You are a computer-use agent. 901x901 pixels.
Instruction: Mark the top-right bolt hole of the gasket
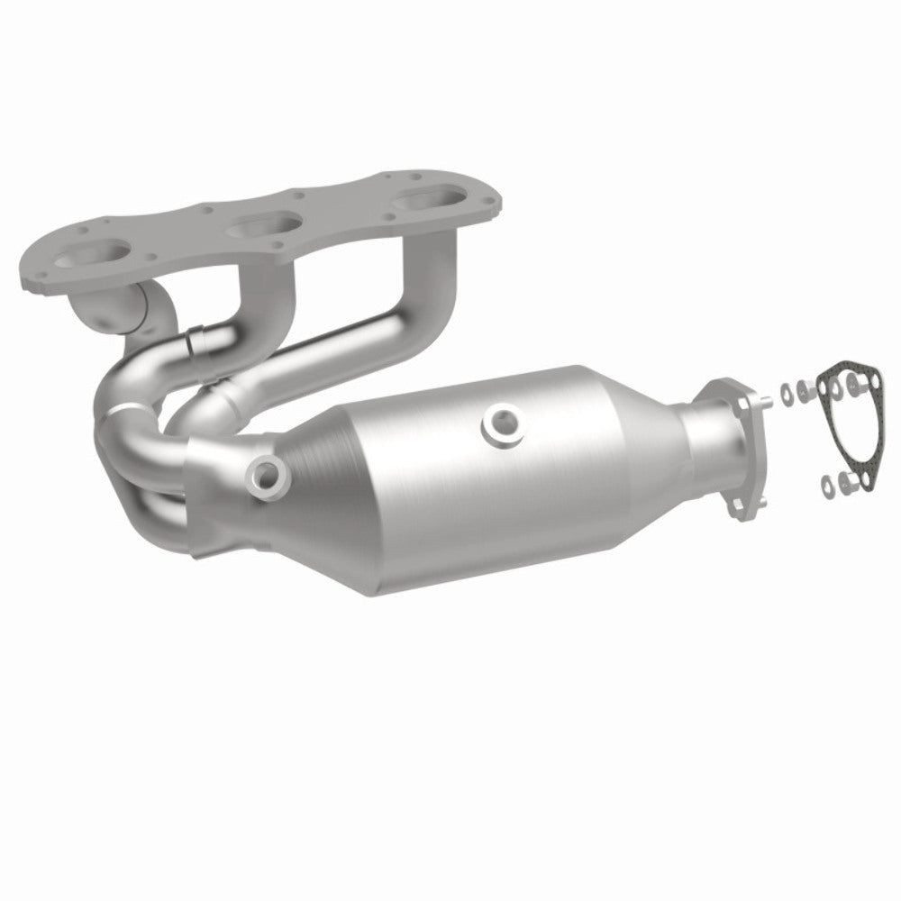[865, 387]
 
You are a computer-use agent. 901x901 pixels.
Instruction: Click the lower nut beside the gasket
[845, 483]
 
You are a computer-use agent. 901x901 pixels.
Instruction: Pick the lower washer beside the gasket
[826, 487]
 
